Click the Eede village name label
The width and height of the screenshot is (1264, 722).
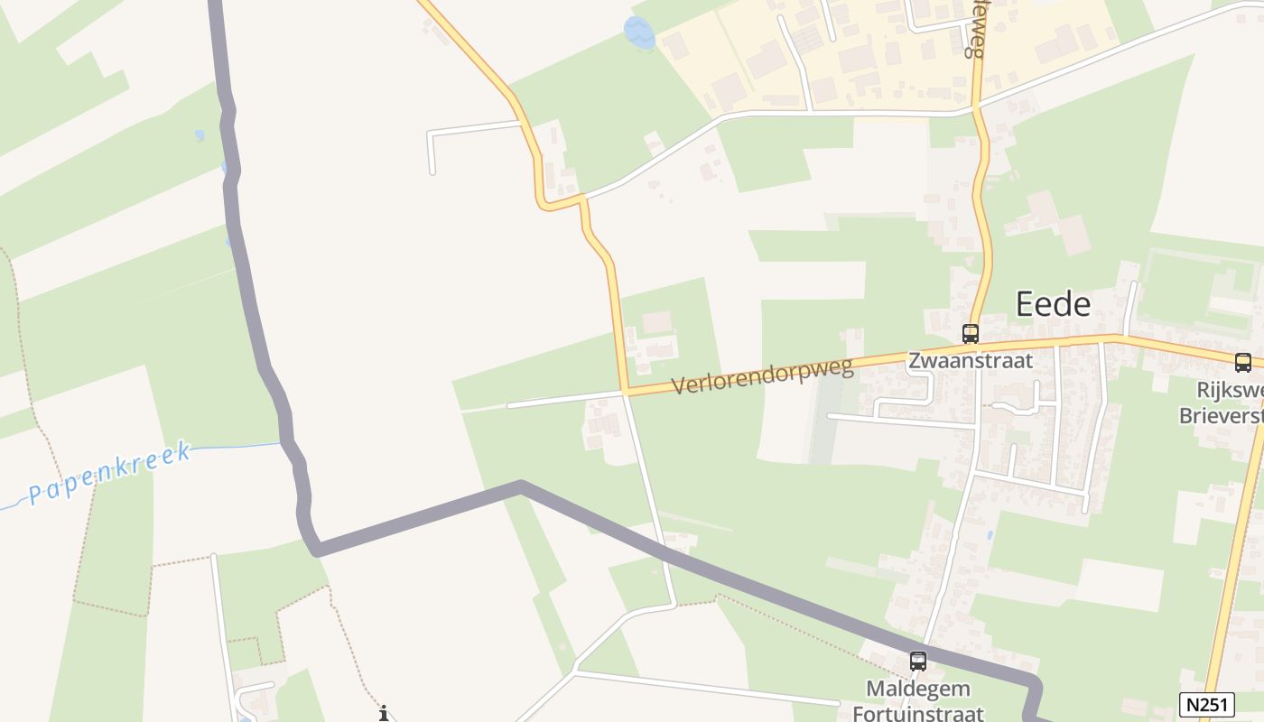pos(1053,304)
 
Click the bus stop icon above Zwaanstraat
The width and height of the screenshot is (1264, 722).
pos(971,333)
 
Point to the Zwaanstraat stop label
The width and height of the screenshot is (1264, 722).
pos(970,361)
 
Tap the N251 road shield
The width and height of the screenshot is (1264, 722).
pos(1206,704)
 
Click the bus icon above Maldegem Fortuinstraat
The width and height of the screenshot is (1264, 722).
pos(918,661)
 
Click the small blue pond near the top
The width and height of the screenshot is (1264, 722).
pos(639,33)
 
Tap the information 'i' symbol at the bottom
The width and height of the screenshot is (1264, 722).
pos(384,713)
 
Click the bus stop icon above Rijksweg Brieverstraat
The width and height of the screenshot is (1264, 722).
pos(1243,363)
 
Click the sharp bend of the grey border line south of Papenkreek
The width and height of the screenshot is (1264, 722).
pos(316,550)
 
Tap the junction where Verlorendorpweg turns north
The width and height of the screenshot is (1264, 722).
pos(624,393)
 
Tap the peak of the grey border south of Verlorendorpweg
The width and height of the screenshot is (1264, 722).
pos(521,486)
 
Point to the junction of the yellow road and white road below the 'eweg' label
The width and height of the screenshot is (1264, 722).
pos(977,109)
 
